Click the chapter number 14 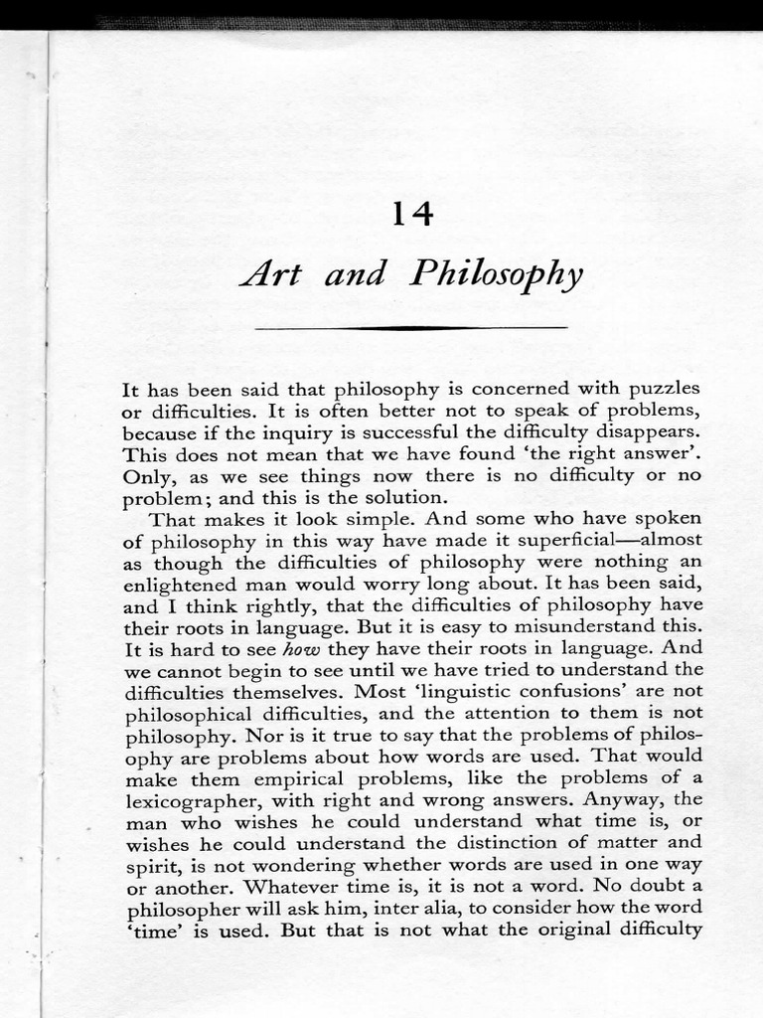pyautogui.click(x=411, y=214)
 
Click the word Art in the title pyautogui.click(x=269, y=272)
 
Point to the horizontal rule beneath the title pyautogui.click(x=410, y=327)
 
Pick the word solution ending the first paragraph pyautogui.click(x=404, y=497)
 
